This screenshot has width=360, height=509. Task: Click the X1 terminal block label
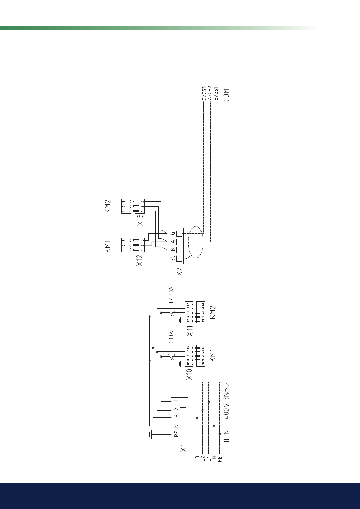[183, 448]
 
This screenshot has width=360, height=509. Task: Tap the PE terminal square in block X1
[183, 434]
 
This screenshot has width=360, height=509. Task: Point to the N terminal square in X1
[183, 426]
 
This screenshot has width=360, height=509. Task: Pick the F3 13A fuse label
[171, 339]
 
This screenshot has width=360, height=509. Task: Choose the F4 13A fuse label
[171, 295]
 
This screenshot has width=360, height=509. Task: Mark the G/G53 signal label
[204, 93]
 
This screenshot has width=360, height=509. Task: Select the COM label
[227, 95]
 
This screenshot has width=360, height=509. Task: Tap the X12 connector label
[140, 260]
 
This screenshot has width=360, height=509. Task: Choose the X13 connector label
[140, 220]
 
